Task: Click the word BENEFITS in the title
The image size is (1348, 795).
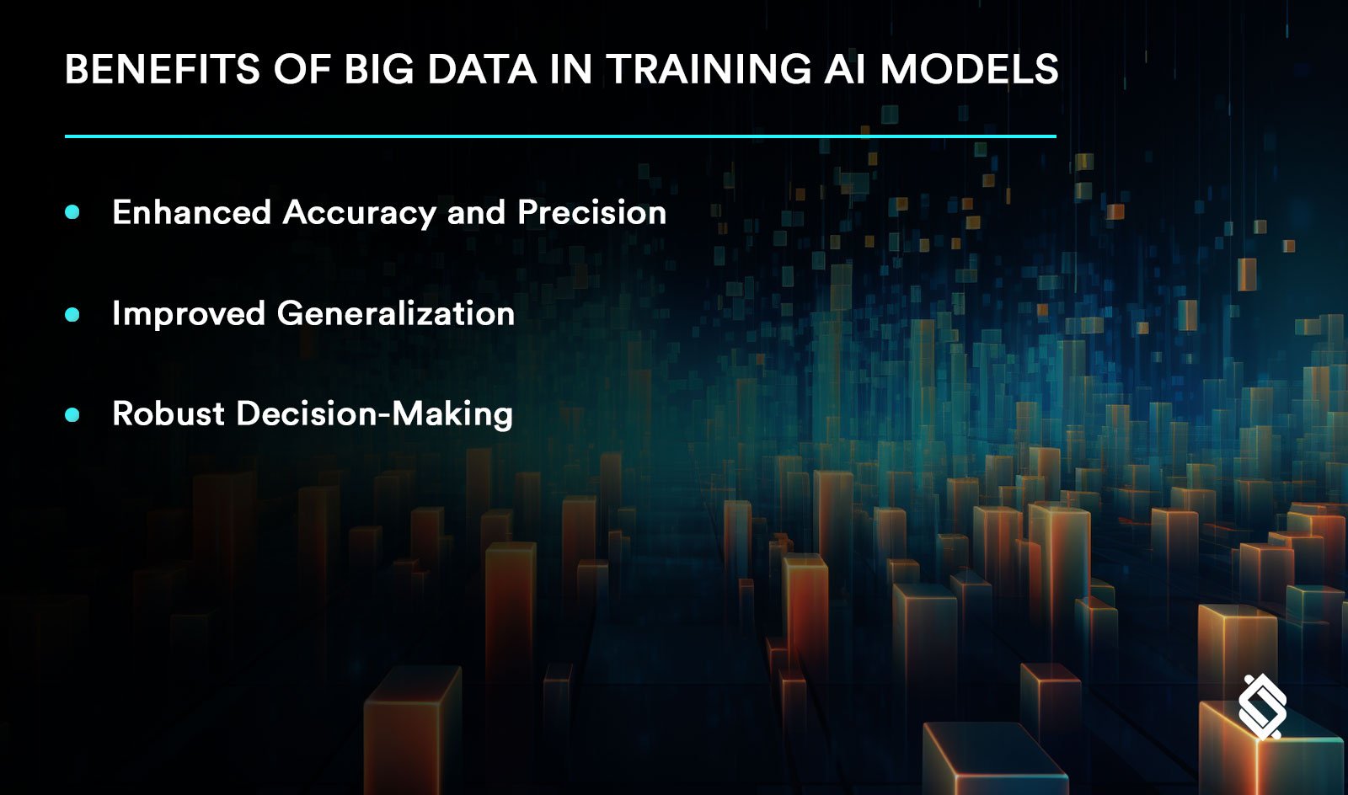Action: (163, 69)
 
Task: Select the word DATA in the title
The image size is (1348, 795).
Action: (482, 69)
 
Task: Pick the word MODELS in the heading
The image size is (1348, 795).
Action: (969, 69)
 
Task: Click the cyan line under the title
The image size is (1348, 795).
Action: (560, 136)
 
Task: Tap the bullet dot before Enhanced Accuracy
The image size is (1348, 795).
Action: (72, 212)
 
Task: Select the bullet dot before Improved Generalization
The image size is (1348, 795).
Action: (72, 314)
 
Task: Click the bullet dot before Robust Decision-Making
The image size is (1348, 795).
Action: (72, 414)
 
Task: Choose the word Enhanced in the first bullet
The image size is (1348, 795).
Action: (191, 212)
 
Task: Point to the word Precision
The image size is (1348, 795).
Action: (591, 212)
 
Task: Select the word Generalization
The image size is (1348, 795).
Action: (395, 314)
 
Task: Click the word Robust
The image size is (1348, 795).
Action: (168, 414)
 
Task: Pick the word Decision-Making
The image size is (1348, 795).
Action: (374, 414)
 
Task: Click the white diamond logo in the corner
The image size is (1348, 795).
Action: (1262, 707)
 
